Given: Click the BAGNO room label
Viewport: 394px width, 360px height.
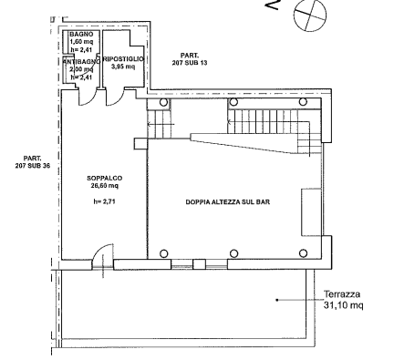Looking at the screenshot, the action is pyautogui.click(x=81, y=34).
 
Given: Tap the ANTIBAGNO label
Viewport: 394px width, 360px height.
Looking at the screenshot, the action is pyautogui.click(x=81, y=62).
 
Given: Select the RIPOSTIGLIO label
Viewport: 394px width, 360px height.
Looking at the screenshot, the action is pyautogui.click(x=123, y=59).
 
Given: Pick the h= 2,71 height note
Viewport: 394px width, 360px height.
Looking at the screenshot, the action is pyautogui.click(x=104, y=201).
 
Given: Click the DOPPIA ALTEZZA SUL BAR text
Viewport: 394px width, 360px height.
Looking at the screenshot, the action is pyautogui.click(x=228, y=202).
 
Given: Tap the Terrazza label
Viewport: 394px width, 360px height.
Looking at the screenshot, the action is pyautogui.click(x=342, y=294).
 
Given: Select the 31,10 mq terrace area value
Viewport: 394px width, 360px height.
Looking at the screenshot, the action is pyautogui.click(x=343, y=305).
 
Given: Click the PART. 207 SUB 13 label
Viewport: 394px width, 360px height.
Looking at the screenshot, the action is pyautogui.click(x=190, y=59).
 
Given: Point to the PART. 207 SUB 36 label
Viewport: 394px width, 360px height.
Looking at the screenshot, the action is pyautogui.click(x=33, y=162).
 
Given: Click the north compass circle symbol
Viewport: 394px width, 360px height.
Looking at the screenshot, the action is pyautogui.click(x=310, y=15).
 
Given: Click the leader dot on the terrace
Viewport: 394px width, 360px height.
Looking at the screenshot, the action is pyautogui.click(x=277, y=300).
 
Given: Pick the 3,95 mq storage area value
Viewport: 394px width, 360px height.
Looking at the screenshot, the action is pyautogui.click(x=123, y=67).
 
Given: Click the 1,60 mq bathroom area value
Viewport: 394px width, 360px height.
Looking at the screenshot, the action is pyautogui.click(x=81, y=41).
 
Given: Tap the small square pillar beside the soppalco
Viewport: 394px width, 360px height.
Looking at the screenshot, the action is pyautogui.click(x=140, y=144).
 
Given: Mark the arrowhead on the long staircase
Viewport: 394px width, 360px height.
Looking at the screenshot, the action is pyautogui.click(x=230, y=122).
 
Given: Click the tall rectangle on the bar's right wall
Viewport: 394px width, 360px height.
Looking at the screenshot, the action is pyautogui.click(x=311, y=212).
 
